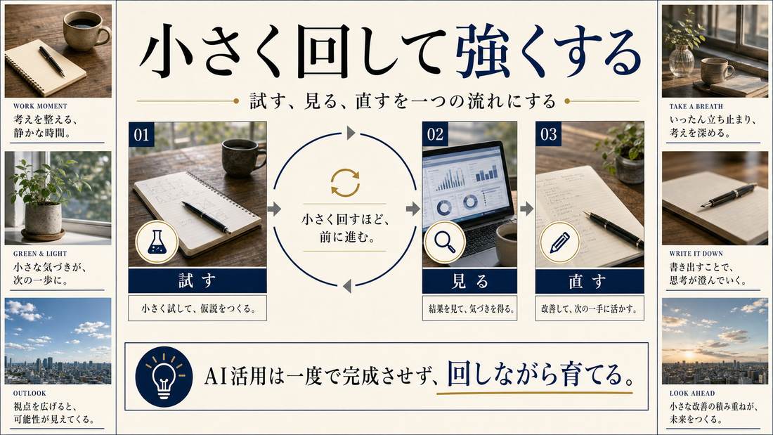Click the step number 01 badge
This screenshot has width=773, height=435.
[141, 134]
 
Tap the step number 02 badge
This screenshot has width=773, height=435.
[435, 134]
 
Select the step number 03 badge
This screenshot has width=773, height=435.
[548, 134]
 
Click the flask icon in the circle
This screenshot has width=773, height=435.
[157, 242]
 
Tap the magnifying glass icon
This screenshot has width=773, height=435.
[445, 242]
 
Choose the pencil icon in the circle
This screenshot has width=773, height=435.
[559, 242]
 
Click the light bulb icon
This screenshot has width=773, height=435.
[164, 376]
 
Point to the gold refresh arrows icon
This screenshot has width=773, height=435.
[345, 183]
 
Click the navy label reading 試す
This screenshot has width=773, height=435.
[197, 281]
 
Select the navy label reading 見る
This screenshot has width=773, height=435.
[469, 281]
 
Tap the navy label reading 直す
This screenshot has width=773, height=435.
[590, 281]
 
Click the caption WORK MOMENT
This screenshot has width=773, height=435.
[40, 106]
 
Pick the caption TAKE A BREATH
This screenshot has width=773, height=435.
[696, 106]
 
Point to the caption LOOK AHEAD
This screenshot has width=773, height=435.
[692, 393]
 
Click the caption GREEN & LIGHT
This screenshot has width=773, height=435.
[40, 254]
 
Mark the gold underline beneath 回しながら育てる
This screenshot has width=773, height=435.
[534, 394]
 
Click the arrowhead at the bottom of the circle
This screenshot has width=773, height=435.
[347, 285]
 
